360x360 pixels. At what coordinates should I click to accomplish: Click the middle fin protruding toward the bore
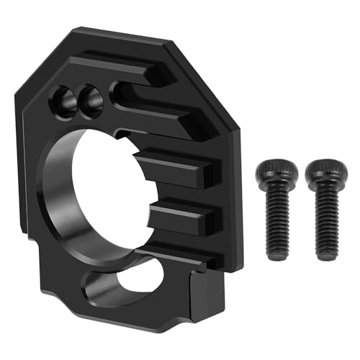[x=176, y=169]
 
